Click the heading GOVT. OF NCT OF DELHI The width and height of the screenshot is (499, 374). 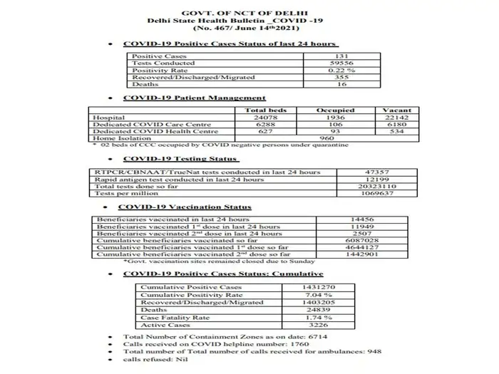pyautogui.click(x=249, y=14)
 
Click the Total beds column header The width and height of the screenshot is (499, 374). pyautogui.click(x=265, y=110)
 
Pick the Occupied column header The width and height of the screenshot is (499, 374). pyautogui.click(x=336, y=110)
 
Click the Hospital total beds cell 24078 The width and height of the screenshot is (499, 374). pyautogui.click(x=265, y=118)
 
